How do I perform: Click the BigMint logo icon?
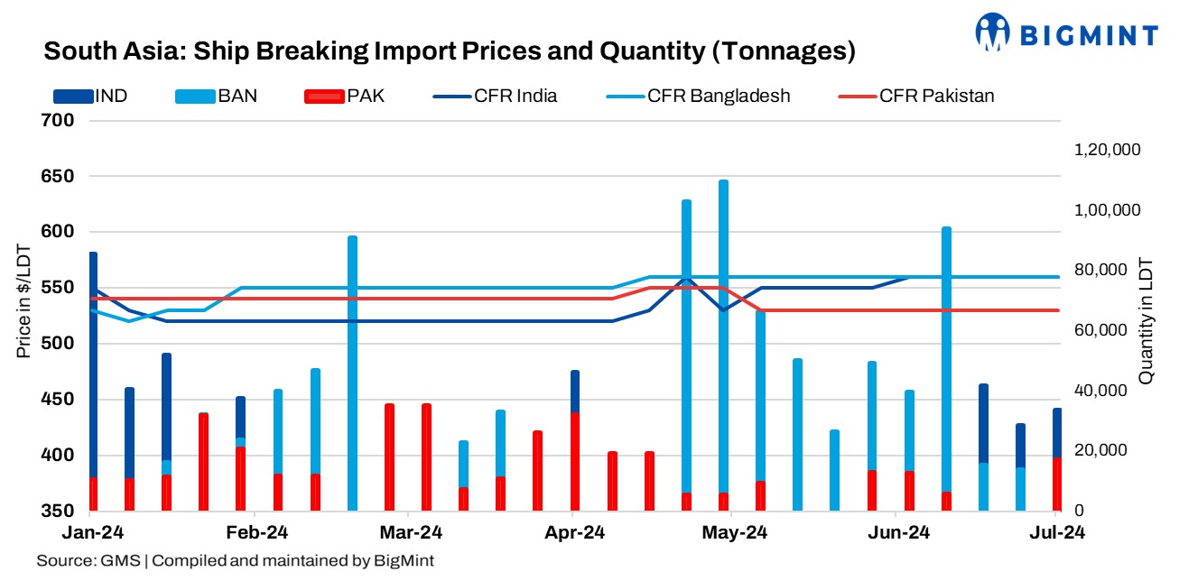pyautogui.click(x=993, y=32)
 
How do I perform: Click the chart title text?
pyautogui.click(x=450, y=51)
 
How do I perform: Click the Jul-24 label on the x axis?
pyautogui.click(x=1057, y=532)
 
